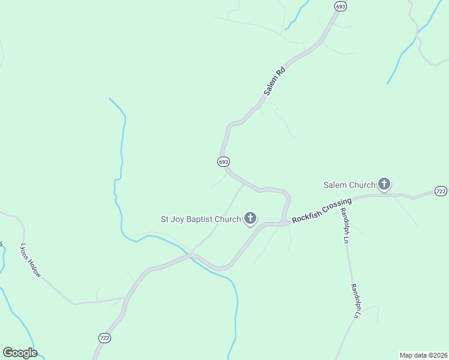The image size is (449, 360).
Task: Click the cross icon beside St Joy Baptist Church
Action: pos(250,219)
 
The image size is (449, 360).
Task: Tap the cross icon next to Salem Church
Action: pos(384,185)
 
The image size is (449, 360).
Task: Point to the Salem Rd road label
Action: pos(274,81)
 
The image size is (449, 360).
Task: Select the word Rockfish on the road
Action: pos(306,216)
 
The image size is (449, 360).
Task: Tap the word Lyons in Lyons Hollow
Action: pos(25,251)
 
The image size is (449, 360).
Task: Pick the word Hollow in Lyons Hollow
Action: pos(35,268)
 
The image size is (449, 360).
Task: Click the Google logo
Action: pos(20,353)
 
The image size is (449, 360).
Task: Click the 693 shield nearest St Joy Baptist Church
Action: pos(223,162)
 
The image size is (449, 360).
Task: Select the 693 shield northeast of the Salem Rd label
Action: pos(340,6)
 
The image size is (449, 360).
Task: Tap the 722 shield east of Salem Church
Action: pos(441,191)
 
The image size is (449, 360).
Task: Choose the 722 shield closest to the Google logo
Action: pos(104,338)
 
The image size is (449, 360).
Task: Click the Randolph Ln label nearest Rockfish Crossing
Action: pos(345,226)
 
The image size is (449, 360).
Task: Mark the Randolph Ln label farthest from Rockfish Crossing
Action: pos(357,301)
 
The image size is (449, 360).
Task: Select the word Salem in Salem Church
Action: pos(336,185)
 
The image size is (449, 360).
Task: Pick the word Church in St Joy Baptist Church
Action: pos(228,220)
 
